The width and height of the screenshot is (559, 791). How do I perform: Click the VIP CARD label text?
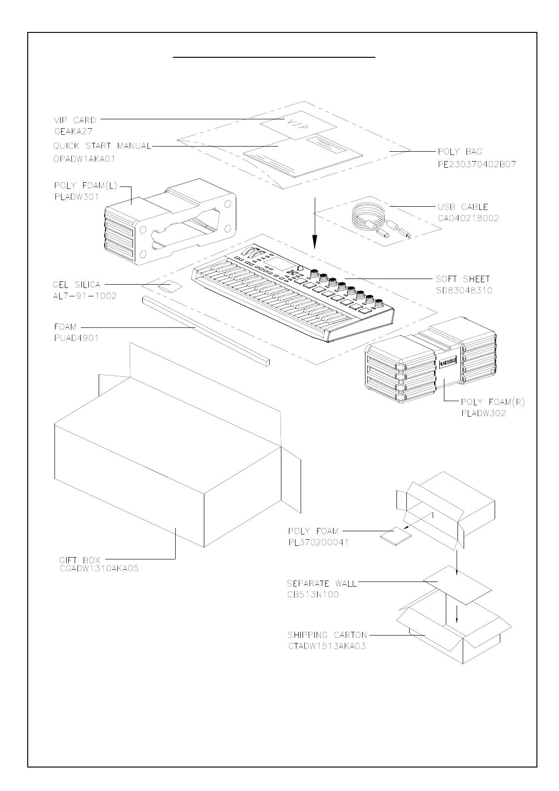(x=75, y=120)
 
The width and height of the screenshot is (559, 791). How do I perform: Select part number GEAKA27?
(x=74, y=132)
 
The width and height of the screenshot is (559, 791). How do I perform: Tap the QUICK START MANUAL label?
(x=102, y=146)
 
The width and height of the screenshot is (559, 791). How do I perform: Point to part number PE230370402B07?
(x=477, y=164)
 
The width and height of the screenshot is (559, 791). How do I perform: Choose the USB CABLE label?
(x=463, y=207)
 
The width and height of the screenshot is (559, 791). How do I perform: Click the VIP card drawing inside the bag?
(x=298, y=126)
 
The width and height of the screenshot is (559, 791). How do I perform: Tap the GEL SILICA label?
(x=77, y=285)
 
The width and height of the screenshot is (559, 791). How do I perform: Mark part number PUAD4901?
(x=77, y=338)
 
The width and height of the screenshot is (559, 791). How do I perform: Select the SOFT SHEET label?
(x=463, y=279)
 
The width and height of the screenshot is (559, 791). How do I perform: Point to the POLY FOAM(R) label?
(x=493, y=402)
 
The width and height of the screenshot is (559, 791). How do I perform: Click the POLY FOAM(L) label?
(x=85, y=186)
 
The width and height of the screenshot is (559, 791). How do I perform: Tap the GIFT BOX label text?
(x=80, y=560)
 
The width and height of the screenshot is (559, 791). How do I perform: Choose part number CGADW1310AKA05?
(x=99, y=569)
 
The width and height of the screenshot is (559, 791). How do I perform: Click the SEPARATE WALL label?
(x=322, y=583)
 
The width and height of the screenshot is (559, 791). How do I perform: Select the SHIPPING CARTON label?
(x=327, y=635)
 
